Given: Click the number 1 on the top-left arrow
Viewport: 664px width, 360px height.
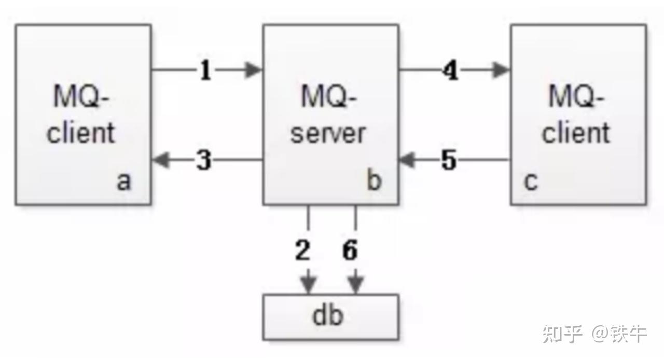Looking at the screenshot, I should pos(206,71).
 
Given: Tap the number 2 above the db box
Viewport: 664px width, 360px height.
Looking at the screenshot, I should pos(302,251).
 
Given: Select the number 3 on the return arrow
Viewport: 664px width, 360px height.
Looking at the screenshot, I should pos(204,161).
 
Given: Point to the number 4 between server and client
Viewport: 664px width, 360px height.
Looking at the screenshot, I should pos(451,71).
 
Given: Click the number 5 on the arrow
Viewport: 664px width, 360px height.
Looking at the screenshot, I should pos(449,161).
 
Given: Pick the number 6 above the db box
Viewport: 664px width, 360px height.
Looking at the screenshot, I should pos(350,251).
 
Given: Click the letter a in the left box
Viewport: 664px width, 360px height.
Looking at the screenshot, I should pos(123,182).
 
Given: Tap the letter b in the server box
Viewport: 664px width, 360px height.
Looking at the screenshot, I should pos(374,182).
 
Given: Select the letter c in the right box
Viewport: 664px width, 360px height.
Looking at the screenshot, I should pos(530,182).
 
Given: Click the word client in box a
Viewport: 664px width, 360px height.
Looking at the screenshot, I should pos(81,133).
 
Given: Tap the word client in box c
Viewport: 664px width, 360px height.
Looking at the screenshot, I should pos(576,133).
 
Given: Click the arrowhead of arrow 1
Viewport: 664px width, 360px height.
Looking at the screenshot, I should pos(254,70).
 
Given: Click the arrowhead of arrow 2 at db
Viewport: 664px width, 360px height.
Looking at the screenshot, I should pos(309,285).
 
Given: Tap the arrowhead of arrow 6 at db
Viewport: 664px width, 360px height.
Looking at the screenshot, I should pos(355,285).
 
